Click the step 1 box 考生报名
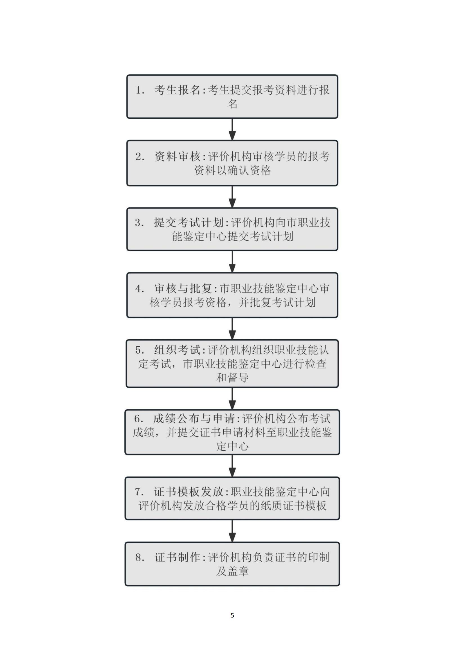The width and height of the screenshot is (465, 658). (x=232, y=96)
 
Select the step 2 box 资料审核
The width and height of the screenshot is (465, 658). (x=232, y=163)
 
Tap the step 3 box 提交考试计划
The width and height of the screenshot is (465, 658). (x=232, y=229)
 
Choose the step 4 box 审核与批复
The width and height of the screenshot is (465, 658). (x=232, y=295)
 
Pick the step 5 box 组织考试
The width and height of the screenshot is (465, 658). (x=232, y=364)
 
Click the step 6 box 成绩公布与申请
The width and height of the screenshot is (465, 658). (x=232, y=432)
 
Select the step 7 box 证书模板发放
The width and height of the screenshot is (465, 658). (x=232, y=498)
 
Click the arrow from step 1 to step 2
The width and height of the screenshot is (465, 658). (x=232, y=129)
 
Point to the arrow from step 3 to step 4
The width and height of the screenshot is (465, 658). (x=232, y=262)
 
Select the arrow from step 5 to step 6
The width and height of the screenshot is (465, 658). (x=232, y=399)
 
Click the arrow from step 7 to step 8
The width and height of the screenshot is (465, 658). (x=232, y=531)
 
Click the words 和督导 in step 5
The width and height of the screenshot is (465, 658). (x=232, y=378)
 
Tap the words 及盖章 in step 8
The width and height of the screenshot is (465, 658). (x=232, y=571)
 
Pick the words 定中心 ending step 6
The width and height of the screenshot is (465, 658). (x=232, y=446)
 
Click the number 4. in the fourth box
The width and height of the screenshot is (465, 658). (x=140, y=289)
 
